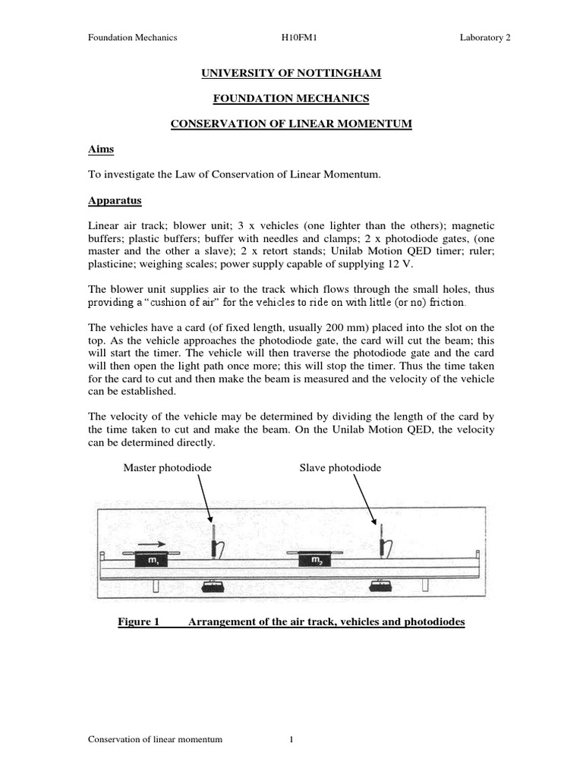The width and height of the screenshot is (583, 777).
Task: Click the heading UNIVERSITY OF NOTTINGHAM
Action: coord(290,73)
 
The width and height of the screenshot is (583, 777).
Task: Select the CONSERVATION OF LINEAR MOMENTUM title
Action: coord(290,124)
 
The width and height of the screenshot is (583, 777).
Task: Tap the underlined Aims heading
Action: coord(101,149)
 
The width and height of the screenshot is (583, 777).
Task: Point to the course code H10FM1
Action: coord(297,39)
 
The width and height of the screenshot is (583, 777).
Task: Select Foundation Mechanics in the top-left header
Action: coord(133,39)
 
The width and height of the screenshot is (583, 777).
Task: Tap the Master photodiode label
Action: coord(167,468)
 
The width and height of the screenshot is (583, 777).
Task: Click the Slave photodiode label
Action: coord(340,468)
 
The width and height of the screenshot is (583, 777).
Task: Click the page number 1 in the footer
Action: coord(291,741)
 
